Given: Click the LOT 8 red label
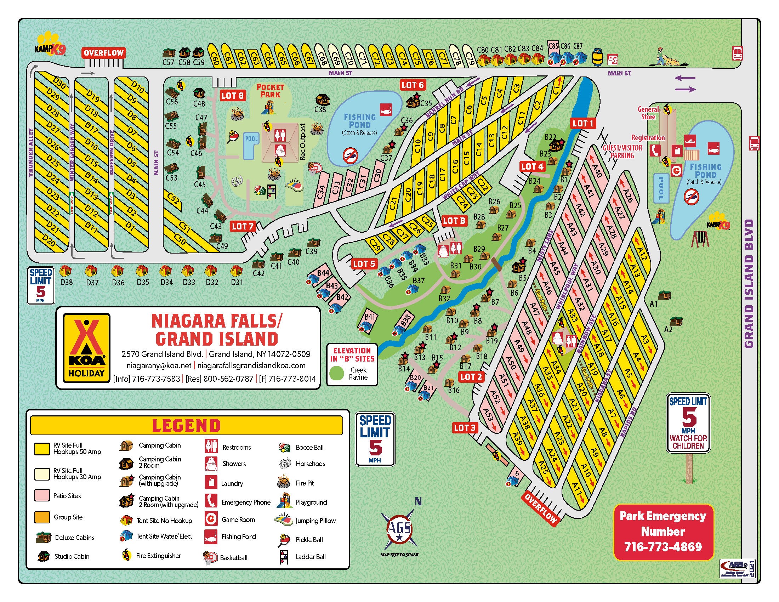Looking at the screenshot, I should pyautogui.click(x=232, y=95).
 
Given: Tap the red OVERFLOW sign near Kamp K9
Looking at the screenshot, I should pyautogui.click(x=103, y=53).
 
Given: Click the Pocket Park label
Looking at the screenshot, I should pyautogui.click(x=271, y=91).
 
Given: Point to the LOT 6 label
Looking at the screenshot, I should pyautogui.click(x=412, y=85).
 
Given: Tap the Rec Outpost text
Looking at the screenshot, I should pyautogui.click(x=303, y=142).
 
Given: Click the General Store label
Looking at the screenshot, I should pyautogui.click(x=648, y=113).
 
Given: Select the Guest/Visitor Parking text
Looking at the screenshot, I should pyautogui.click(x=622, y=152).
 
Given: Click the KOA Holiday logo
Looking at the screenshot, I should pyautogui.click(x=86, y=348).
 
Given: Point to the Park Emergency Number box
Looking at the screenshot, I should pyautogui.click(x=663, y=532).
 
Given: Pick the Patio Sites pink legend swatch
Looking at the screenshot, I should pyautogui.click(x=42, y=495).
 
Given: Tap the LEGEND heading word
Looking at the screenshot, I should pyautogui.click(x=186, y=425).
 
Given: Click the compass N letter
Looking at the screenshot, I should pyautogui.click(x=418, y=501).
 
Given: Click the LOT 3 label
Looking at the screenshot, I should pyautogui.click(x=465, y=428).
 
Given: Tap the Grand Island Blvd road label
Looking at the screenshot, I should pyautogui.click(x=749, y=284).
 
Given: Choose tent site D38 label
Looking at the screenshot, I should pyautogui.click(x=66, y=282).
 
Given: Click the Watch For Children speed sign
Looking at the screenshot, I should pyautogui.click(x=688, y=423).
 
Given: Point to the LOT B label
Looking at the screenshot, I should pyautogui.click(x=454, y=221).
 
